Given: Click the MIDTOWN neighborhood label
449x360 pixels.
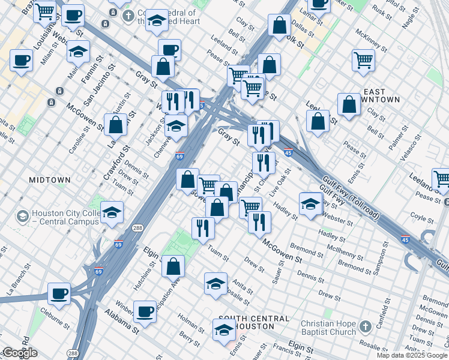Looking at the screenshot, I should click(x=50, y=180).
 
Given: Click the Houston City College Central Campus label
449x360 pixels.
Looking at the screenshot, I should click(x=65, y=218).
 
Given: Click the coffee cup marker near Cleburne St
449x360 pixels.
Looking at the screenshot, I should click(x=59, y=293).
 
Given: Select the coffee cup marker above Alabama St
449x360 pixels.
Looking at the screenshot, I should click(x=145, y=311).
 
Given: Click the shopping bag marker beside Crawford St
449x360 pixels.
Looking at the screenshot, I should click(x=116, y=125).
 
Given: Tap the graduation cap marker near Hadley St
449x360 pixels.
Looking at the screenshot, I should click(x=310, y=203).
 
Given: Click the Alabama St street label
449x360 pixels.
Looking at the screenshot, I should click(x=122, y=322).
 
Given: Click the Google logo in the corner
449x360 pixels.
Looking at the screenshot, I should click(x=20, y=353).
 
